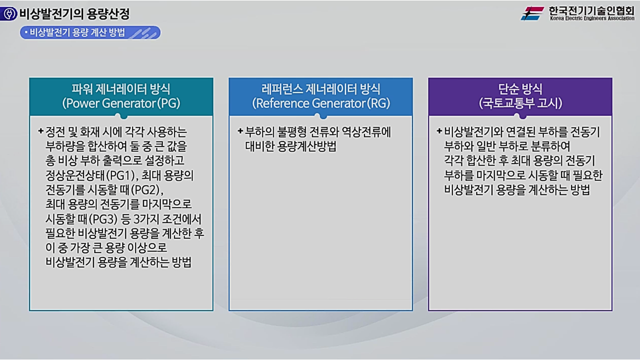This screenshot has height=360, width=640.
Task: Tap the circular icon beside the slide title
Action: (x=9, y=14)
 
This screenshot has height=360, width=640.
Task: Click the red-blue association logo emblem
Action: (x=532, y=13)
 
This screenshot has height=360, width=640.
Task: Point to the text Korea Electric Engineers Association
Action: (x=591, y=18)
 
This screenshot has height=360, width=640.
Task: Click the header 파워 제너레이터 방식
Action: (x=121, y=89)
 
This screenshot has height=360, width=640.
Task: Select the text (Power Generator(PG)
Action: (x=121, y=103)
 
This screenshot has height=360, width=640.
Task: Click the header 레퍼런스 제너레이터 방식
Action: (x=320, y=89)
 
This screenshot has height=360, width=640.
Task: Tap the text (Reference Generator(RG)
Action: (x=320, y=103)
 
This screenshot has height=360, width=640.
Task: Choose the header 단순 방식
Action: (x=520, y=89)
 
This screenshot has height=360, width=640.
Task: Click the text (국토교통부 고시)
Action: (x=520, y=103)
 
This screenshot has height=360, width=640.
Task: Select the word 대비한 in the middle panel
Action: (x=253, y=147)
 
